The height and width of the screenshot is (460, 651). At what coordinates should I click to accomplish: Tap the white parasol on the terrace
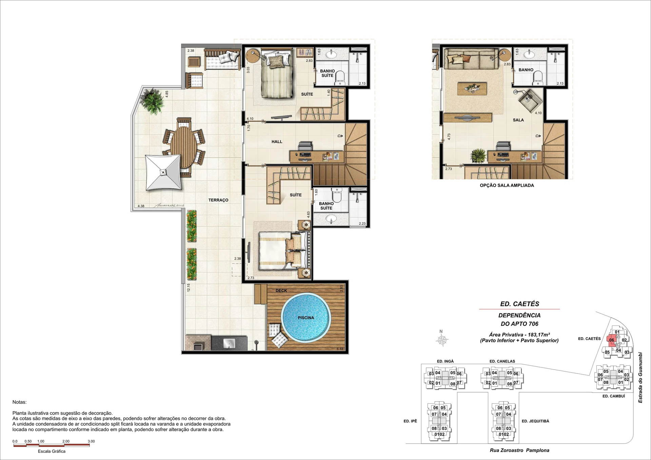point(163,172)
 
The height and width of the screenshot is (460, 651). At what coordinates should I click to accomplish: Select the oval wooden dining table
point(183,147)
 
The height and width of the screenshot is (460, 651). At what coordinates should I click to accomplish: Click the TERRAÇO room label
point(218,200)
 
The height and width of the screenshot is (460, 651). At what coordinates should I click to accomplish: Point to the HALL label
point(277,142)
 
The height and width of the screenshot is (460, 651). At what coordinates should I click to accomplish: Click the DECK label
point(281,291)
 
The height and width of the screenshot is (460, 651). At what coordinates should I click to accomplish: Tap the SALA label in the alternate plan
point(518,120)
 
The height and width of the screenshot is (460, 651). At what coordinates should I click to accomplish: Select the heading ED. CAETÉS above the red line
point(519,304)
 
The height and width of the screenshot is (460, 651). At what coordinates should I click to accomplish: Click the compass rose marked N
point(442,339)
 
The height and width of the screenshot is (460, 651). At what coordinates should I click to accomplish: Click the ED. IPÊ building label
point(410,421)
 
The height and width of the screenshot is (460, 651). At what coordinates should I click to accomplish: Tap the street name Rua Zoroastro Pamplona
point(519,450)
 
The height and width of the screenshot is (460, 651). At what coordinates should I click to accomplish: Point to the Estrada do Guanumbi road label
point(640,378)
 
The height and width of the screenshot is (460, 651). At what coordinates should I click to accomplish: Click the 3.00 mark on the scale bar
point(91,441)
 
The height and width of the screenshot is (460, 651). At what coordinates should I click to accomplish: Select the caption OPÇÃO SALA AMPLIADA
point(507,185)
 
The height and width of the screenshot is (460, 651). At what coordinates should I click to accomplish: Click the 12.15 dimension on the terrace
point(189,287)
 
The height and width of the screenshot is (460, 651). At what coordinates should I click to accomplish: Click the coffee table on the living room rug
point(472,89)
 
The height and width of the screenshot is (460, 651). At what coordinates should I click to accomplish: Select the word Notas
point(19,402)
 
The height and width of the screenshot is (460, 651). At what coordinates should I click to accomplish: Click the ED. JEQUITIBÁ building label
point(535,421)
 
